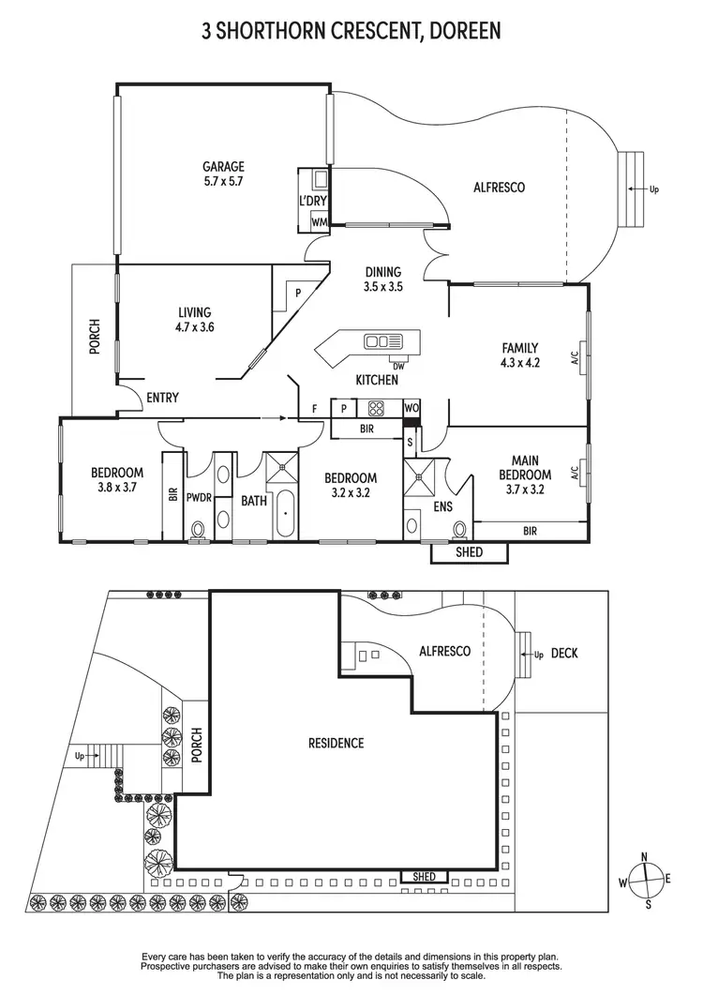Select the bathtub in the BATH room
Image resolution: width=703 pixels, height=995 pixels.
coord(282,514)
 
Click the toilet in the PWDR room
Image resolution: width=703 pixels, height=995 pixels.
coord(198,532)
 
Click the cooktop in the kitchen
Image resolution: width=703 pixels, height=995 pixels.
coord(377,408)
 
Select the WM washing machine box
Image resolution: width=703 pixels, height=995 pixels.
coord(319,222)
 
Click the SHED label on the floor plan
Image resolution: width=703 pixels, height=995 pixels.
coord(469,552)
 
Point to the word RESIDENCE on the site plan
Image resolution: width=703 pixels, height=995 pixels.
coord(336,744)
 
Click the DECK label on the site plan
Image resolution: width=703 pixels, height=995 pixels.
coord(564,653)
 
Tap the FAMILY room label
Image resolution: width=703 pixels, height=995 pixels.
coord(519,348)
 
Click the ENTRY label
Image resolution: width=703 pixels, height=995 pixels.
coord(162,398)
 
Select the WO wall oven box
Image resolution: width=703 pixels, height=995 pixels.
coord(411,408)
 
